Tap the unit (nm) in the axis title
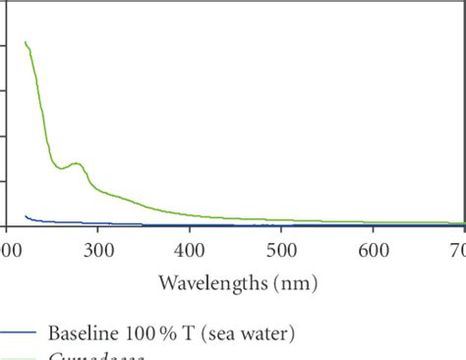295,284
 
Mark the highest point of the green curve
25,41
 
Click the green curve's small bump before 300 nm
75,163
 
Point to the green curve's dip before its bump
62,168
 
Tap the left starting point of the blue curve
25,215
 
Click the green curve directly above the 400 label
190,214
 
